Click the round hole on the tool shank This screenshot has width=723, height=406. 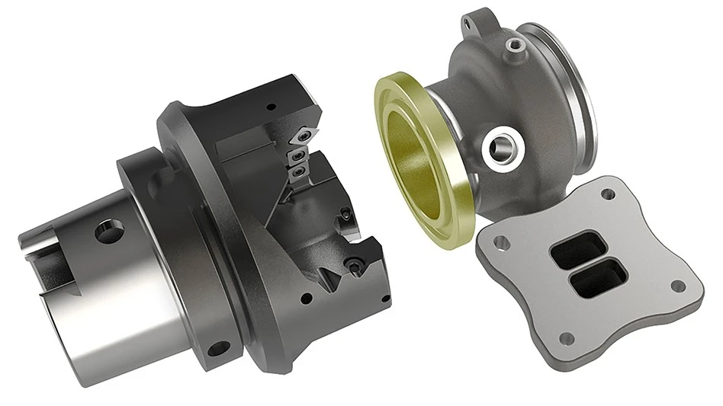coord(109,230)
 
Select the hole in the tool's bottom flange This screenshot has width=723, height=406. coord(218,349)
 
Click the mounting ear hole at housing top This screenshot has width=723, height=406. coord(471,24)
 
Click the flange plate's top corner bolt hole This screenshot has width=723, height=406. coord(608,194)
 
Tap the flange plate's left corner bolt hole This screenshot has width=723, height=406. coord(502,243)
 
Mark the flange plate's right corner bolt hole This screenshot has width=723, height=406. coord(677,286)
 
